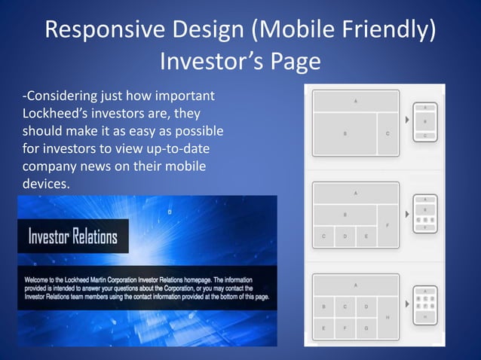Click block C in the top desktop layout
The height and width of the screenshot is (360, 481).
coord(388,134)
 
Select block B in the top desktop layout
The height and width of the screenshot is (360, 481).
coord(345,134)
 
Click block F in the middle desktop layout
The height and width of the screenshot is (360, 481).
coord(388,224)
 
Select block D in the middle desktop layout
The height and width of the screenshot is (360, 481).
coord(345,236)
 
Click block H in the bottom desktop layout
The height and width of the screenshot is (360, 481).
coord(388,317)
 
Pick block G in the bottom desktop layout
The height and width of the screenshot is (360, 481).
coord(366,328)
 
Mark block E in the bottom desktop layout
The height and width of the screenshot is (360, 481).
coord(323,328)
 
